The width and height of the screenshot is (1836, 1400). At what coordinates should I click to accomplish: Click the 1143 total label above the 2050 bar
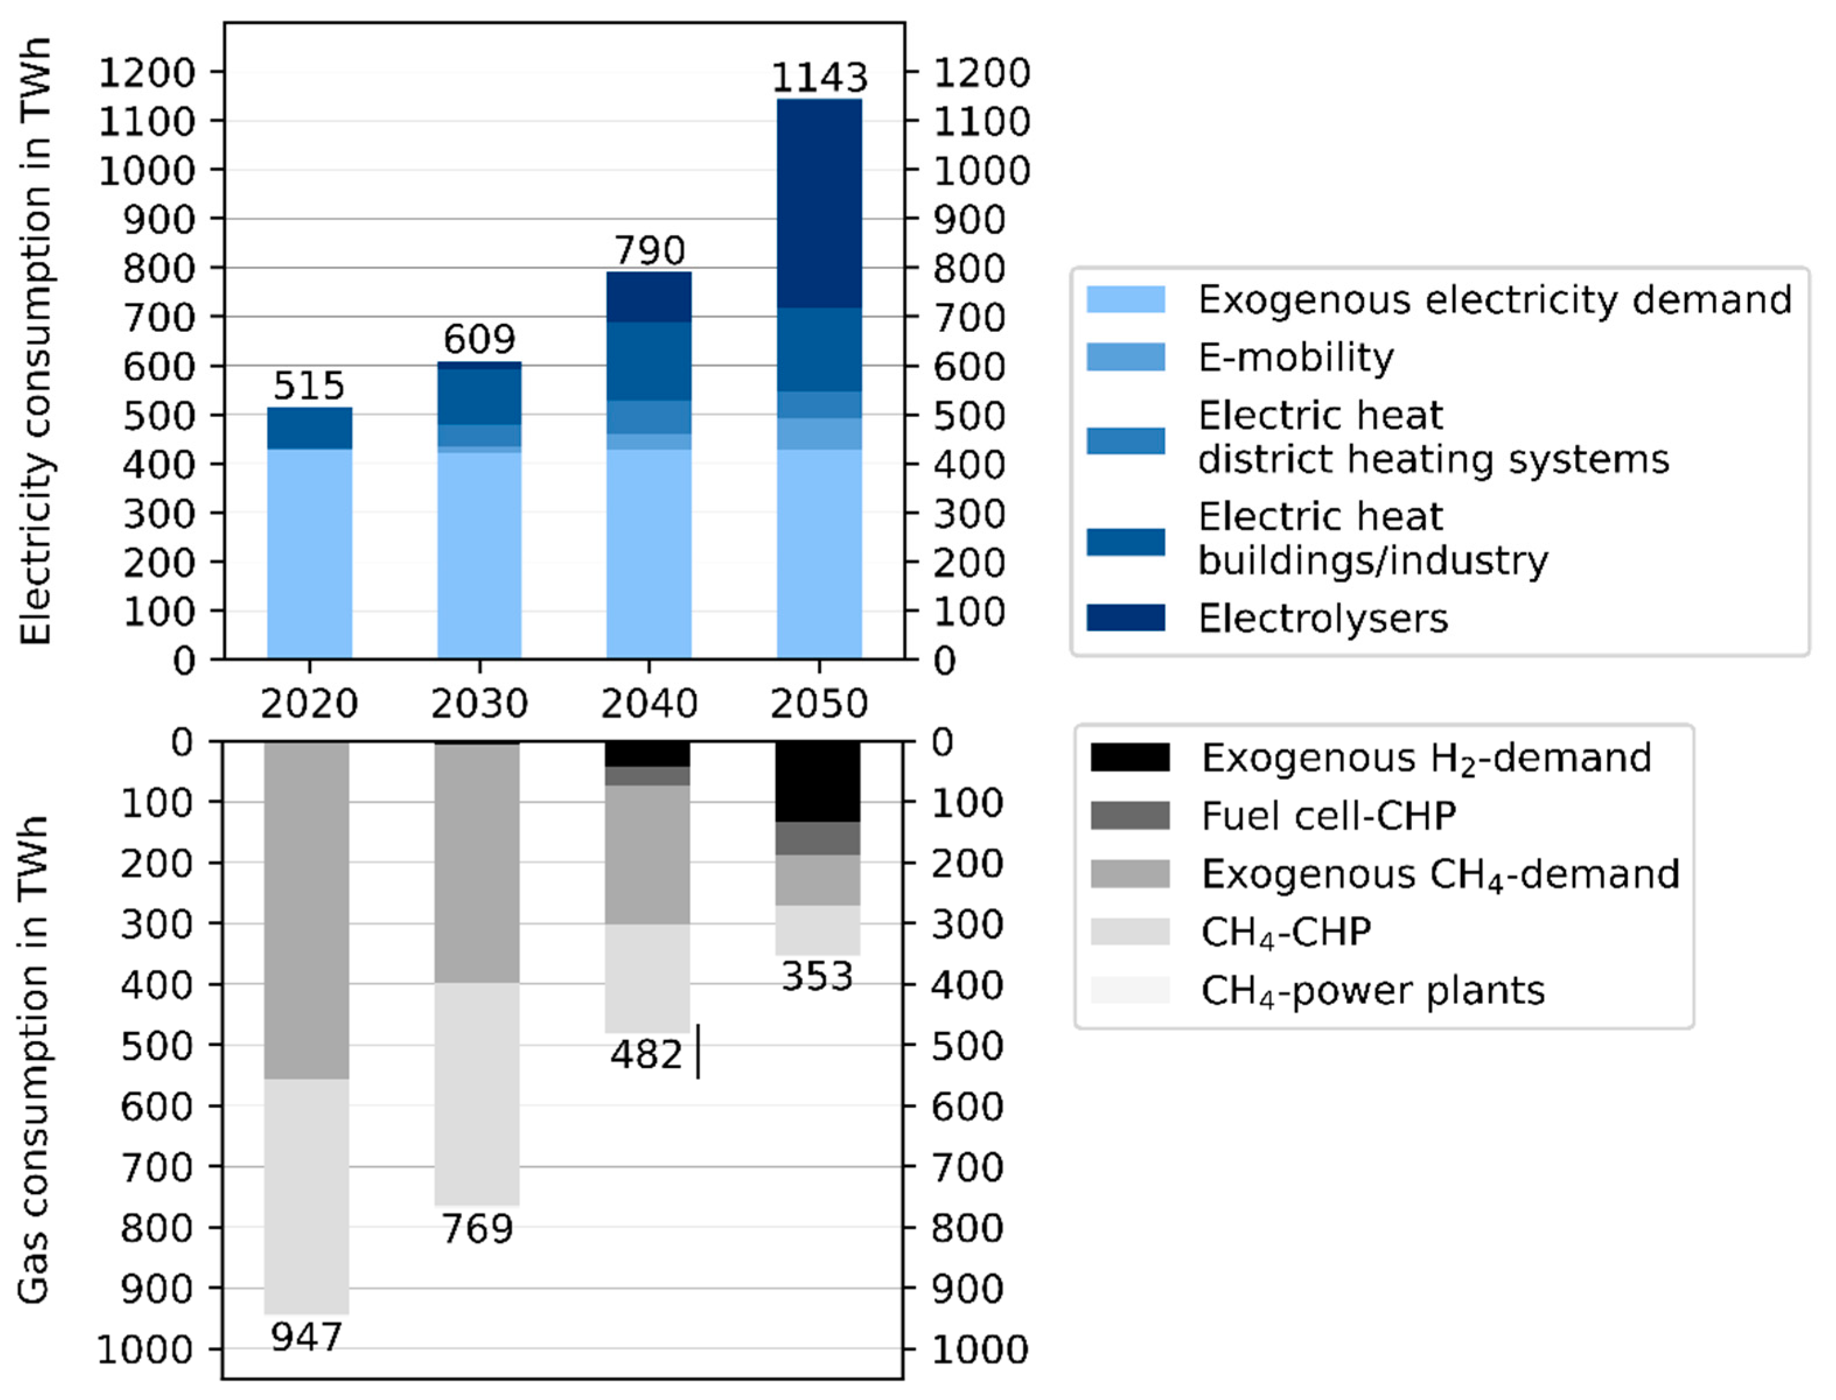pyautogui.click(x=819, y=78)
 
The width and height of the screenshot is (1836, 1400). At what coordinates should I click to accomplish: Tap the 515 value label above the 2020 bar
pyautogui.click(x=309, y=386)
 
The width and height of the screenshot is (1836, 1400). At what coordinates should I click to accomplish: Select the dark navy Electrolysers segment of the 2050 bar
pyautogui.click(x=819, y=204)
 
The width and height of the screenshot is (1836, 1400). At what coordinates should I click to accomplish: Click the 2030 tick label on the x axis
pyautogui.click(x=479, y=703)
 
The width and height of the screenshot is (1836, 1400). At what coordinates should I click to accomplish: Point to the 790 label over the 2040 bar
pyautogui.click(x=649, y=250)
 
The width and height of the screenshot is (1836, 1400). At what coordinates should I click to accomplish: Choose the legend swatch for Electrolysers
pyautogui.click(x=1125, y=618)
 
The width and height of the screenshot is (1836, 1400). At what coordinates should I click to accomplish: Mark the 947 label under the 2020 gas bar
pyautogui.click(x=307, y=1338)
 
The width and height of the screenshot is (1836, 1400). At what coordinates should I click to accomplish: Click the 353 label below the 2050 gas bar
pyautogui.click(x=817, y=977)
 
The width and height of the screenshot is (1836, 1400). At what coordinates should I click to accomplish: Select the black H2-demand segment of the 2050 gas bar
pyautogui.click(x=817, y=782)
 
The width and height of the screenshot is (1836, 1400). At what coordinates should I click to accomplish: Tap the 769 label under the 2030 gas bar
pyautogui.click(x=477, y=1229)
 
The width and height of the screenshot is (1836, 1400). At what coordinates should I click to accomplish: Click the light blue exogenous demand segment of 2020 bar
pyautogui.click(x=309, y=554)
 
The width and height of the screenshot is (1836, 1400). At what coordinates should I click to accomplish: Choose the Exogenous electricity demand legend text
pyautogui.click(x=1494, y=300)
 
